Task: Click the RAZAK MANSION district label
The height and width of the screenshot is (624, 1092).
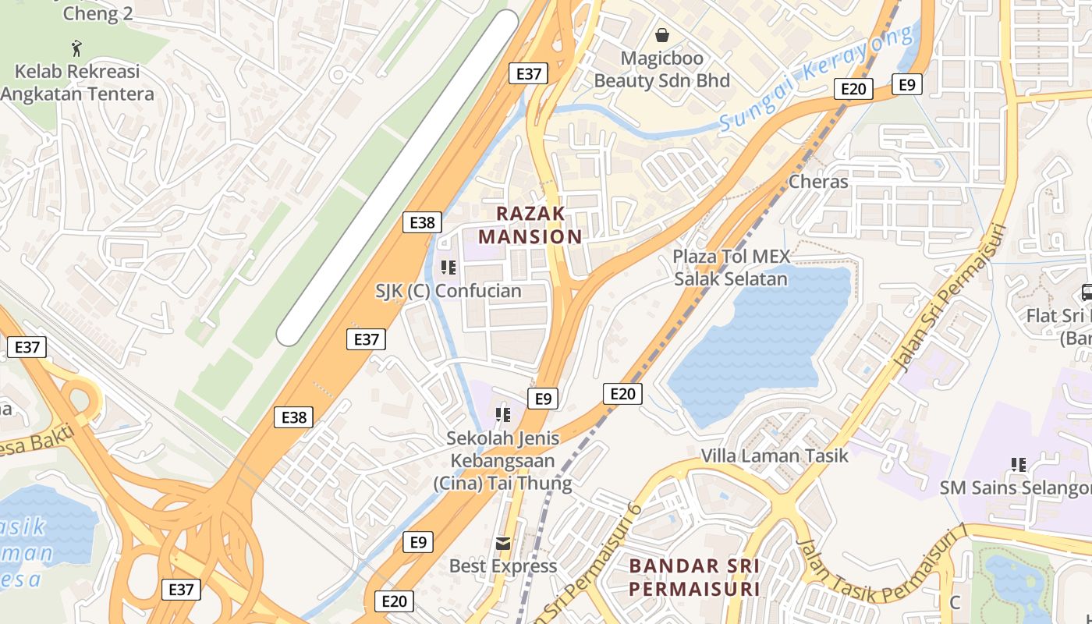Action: [530, 225]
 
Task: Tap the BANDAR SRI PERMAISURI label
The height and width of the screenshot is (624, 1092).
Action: [694, 576]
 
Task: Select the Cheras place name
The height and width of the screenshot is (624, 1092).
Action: [818, 182]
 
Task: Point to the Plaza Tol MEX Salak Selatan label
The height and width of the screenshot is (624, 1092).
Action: [731, 268]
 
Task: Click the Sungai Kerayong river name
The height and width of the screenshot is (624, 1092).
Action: [815, 78]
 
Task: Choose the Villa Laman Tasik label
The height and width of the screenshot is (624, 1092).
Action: [774, 456]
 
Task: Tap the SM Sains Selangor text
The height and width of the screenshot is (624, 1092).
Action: [1015, 488]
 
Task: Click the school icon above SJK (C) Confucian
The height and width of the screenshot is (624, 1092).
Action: [448, 268]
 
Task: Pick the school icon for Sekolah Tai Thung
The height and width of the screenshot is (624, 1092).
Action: [503, 414]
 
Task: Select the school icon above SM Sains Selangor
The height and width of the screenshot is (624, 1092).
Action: [1018, 465]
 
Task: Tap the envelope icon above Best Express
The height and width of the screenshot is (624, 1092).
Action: [503, 543]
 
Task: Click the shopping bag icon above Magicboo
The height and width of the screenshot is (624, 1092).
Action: [662, 35]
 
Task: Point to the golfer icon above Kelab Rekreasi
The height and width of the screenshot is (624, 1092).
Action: [76, 48]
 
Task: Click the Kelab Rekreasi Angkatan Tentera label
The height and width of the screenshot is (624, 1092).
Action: [77, 83]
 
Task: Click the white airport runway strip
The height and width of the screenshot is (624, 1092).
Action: [398, 178]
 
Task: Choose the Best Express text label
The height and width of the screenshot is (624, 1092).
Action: [503, 565]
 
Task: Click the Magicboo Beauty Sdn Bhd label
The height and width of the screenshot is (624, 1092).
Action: [662, 69]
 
